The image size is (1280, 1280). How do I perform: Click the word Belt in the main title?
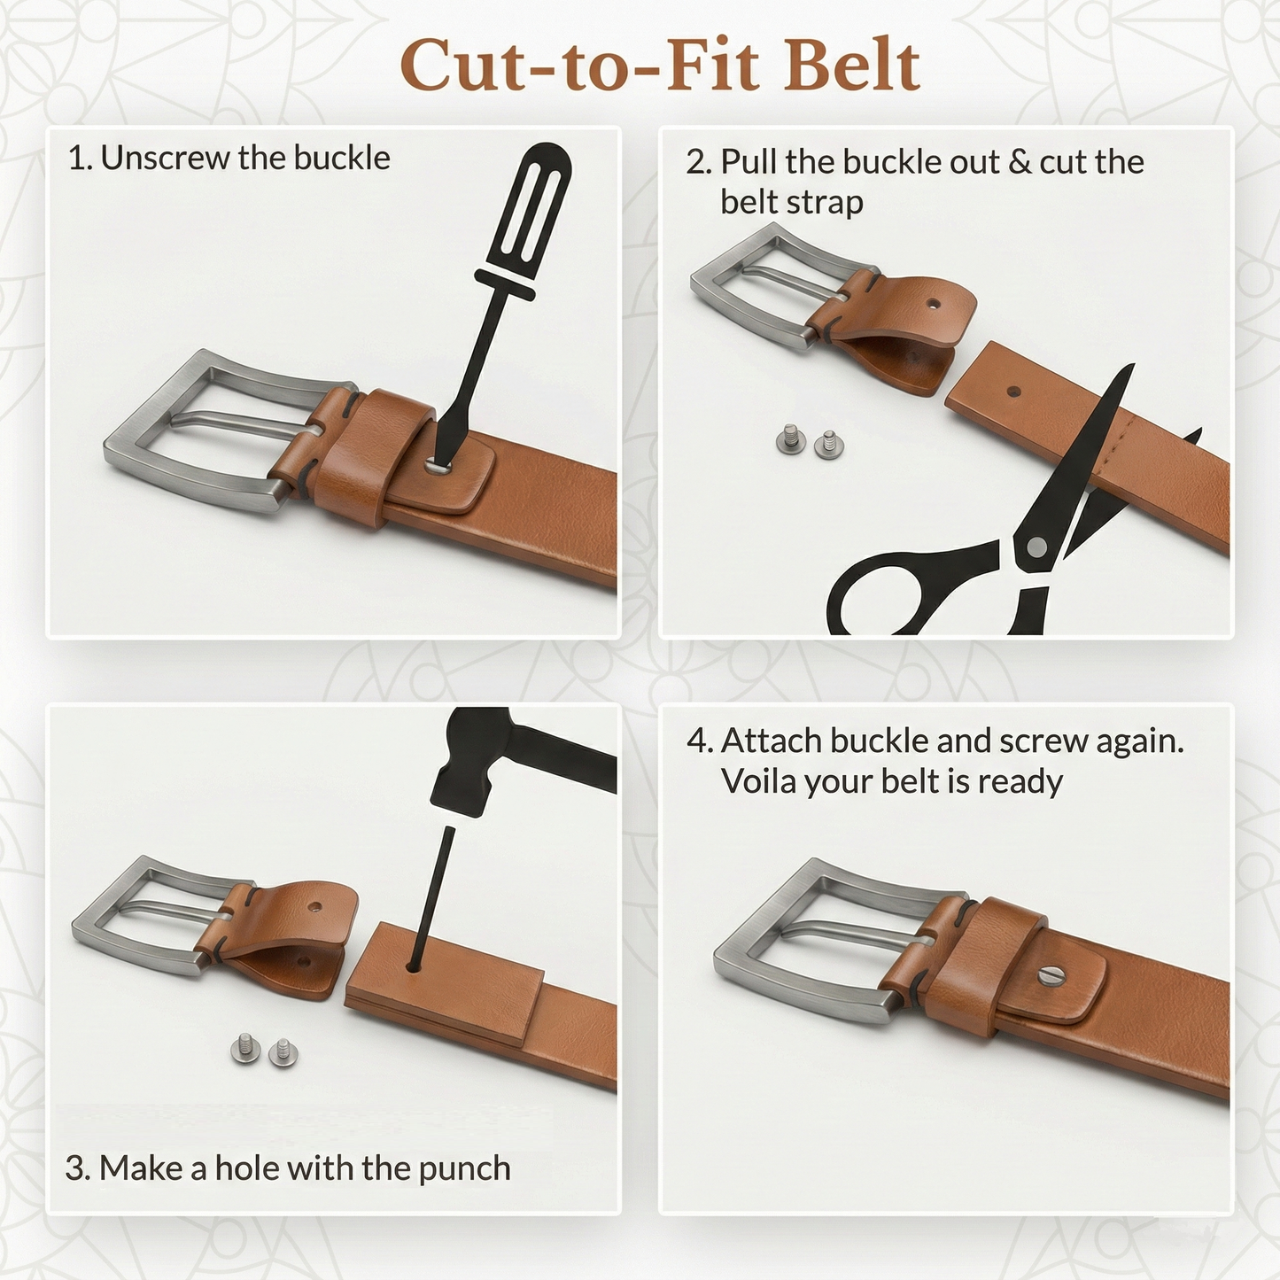pyautogui.click(x=852, y=66)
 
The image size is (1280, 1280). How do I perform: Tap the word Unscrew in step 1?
pyautogui.click(x=165, y=159)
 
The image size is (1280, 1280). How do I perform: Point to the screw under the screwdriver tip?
pyautogui.click(x=438, y=463)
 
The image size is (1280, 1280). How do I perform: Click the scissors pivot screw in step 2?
pyautogui.click(x=1036, y=547)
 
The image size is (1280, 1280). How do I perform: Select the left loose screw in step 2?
pyautogui.click(x=790, y=438)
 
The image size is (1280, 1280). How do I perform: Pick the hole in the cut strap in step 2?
pyautogui.click(x=1014, y=392)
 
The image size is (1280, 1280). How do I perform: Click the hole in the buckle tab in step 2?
pyautogui.click(x=933, y=303)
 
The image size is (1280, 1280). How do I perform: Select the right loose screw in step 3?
pyautogui.click(x=283, y=1052)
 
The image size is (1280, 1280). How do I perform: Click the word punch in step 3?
pyautogui.click(x=464, y=1169)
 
